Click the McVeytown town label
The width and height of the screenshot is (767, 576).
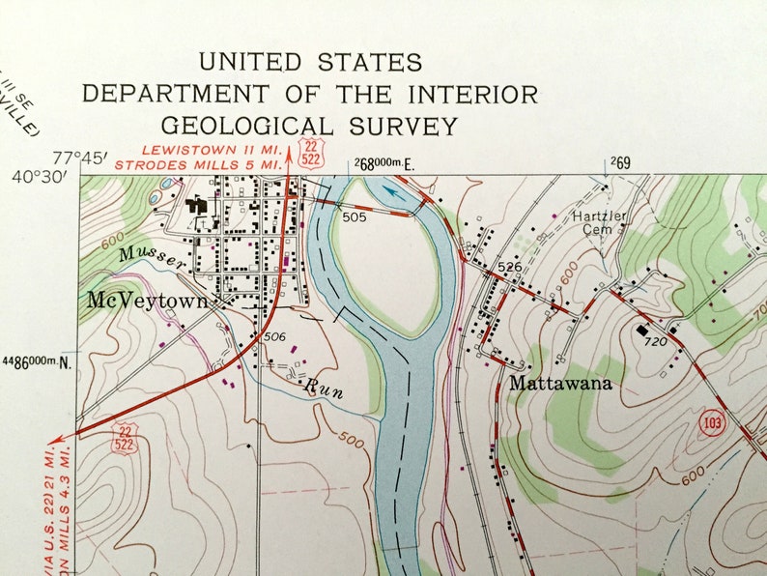(147, 301)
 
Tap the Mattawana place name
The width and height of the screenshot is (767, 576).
(560, 383)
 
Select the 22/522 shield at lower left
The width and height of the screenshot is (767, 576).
(124, 436)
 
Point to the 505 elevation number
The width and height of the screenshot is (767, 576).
(354, 216)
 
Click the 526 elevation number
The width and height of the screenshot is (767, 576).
(510, 266)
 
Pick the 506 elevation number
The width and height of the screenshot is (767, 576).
(274, 336)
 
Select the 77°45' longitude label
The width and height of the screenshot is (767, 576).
(80, 158)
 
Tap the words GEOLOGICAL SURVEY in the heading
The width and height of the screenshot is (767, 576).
(309, 126)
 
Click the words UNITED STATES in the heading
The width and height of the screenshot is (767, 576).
(310, 62)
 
